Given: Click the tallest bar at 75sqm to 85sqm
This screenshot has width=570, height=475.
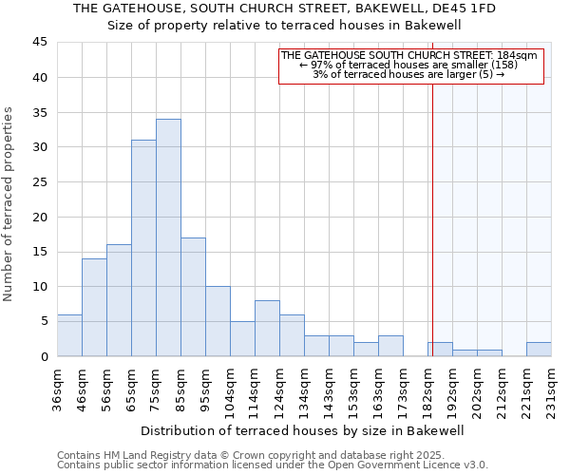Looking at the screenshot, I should pos(168,237).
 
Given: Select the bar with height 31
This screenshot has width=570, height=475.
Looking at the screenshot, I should pos(143,248).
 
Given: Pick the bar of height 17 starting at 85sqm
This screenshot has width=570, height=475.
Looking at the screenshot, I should pos(193,296).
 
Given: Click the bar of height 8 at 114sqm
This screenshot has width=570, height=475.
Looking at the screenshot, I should pos(267,328).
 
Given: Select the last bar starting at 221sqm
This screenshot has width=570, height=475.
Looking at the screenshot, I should pos(539,349).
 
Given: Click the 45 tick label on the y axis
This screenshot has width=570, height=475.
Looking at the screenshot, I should pos(40,43).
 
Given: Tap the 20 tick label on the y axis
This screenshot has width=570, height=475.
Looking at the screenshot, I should pos(40,217).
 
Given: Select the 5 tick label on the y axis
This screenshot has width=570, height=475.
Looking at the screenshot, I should pos(44,321).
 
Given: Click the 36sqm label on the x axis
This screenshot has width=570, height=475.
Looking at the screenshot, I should pos(58,388).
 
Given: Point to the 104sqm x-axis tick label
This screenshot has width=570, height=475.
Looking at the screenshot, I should pos(231,390).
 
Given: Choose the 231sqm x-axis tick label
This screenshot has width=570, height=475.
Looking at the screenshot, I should pos(552,390).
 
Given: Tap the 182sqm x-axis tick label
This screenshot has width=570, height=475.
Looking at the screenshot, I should pos(428,390).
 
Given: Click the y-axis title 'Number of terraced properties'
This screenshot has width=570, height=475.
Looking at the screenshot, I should pos(9,204).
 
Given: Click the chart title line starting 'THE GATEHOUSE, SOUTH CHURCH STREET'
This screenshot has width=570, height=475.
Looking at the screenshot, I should pos(284,9).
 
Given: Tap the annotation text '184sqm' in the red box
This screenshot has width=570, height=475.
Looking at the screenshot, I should pos(519,56).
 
